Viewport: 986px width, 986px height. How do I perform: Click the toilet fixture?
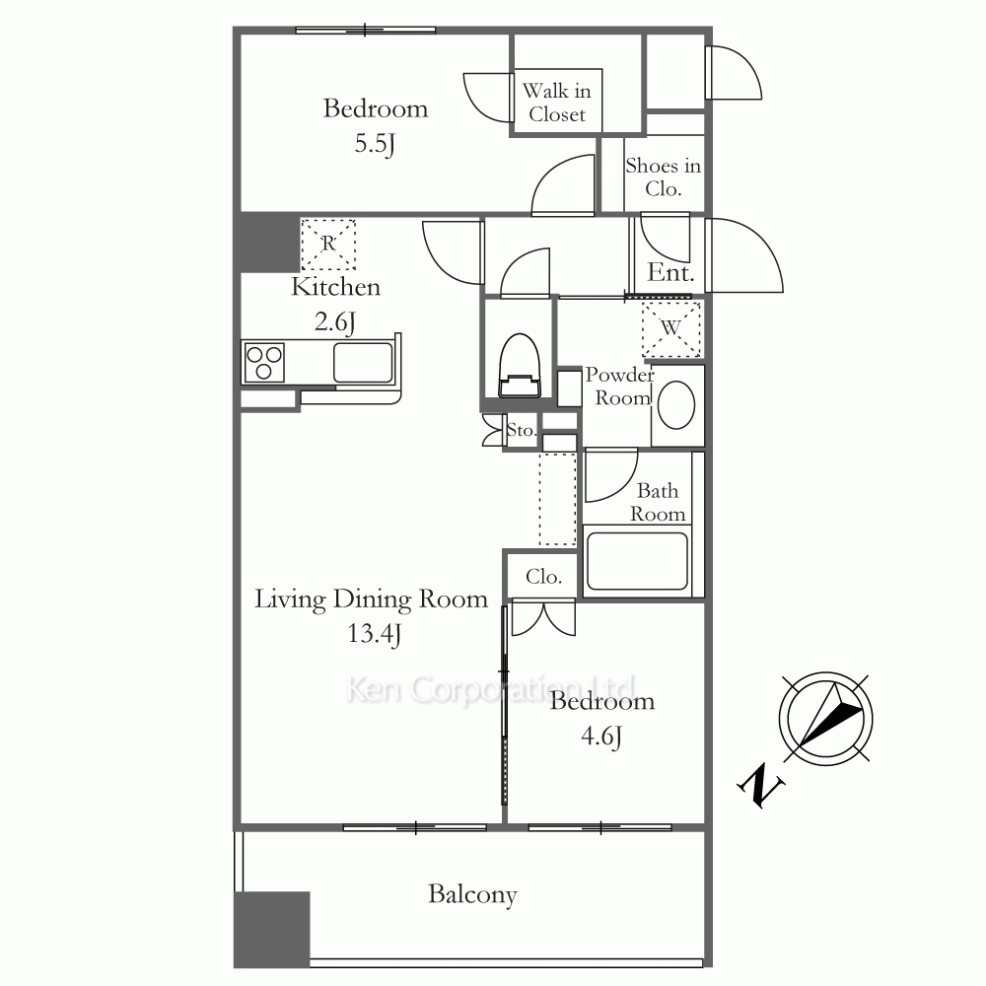click(520, 366)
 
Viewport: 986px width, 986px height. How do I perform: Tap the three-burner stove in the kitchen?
click(264, 363)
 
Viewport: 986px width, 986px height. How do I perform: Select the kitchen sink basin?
click(363, 362)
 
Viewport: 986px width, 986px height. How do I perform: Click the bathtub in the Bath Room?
click(637, 561)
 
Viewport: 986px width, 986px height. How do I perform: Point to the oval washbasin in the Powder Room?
click(676, 405)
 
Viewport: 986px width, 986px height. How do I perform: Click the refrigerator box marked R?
click(328, 244)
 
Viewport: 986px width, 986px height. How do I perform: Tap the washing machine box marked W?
click(670, 329)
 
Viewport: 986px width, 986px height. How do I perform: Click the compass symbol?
click(825, 719)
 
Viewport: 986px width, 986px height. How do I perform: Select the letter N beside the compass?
click(761, 786)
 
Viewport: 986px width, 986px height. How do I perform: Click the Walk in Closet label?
click(557, 103)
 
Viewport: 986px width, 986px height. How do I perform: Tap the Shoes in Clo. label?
click(663, 176)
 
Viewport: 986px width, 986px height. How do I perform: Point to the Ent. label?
click(670, 273)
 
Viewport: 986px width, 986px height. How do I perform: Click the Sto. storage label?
click(522, 430)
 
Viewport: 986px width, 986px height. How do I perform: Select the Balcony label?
click(472, 894)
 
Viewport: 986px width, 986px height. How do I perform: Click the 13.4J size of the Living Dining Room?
click(375, 634)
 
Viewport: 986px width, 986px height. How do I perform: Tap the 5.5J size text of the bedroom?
click(375, 144)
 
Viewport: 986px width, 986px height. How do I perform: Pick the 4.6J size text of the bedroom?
click(601, 736)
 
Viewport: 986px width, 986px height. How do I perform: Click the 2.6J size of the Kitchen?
click(335, 322)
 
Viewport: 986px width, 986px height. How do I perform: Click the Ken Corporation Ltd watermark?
click(491, 688)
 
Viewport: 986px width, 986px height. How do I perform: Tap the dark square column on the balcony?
click(272, 929)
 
